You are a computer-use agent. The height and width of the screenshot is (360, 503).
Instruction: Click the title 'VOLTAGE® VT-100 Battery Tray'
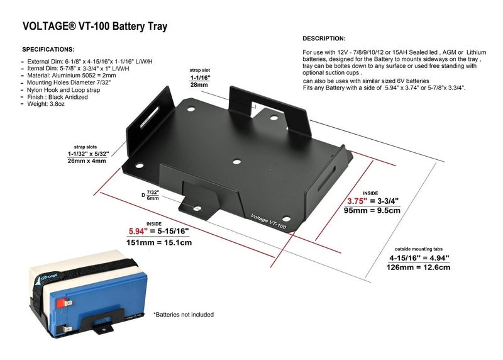coord(94,27)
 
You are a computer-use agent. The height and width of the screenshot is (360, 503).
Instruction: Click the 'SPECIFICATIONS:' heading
coord(48,49)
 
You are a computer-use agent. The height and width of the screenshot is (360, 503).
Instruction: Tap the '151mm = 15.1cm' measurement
coord(160,242)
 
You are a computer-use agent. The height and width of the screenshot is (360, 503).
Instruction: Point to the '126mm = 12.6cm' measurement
coord(419,267)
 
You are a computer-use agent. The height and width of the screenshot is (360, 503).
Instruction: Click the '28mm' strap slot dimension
coord(200,84)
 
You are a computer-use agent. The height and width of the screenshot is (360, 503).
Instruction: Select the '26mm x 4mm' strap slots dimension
coord(87,160)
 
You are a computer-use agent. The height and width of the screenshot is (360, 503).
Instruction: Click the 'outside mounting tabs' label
coord(419,248)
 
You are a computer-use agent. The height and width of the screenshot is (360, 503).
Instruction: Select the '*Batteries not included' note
coord(184,314)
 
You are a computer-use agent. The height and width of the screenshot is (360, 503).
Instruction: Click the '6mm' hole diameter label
coord(153,198)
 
